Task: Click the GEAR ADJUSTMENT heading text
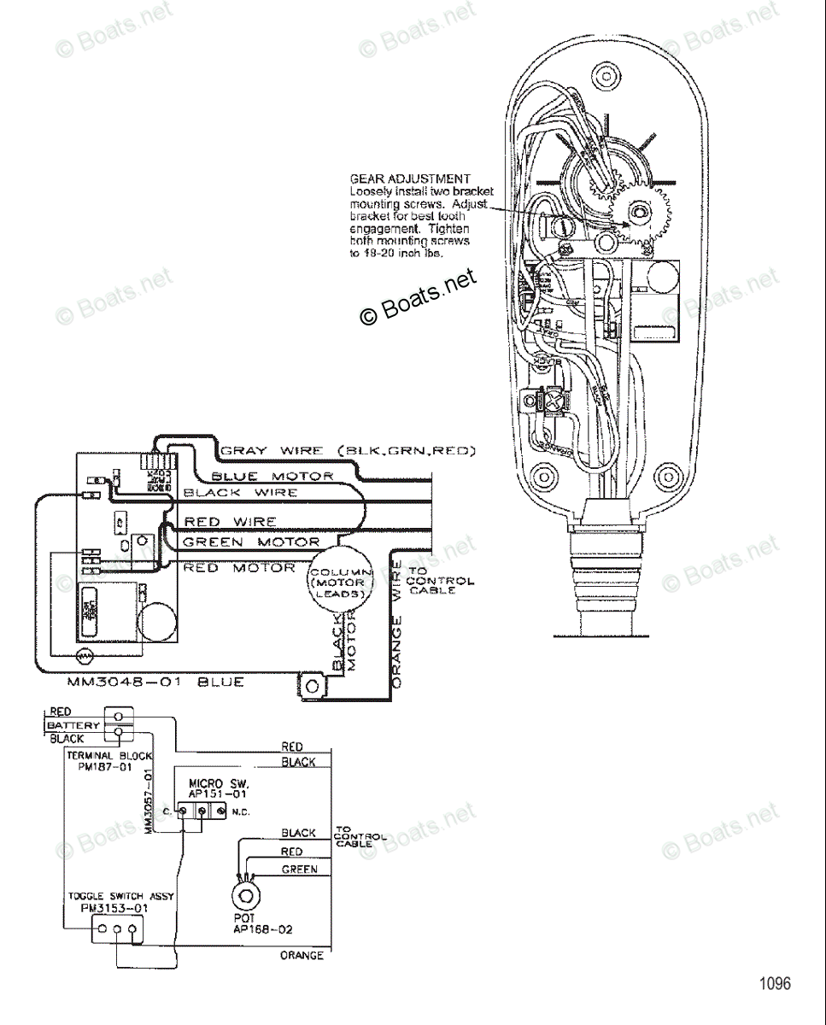[x=410, y=179]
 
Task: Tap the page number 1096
[x=776, y=983]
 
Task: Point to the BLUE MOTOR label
[x=272, y=476]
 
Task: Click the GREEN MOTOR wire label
[x=251, y=542]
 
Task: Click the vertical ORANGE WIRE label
[x=396, y=624]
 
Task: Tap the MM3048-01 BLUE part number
[x=155, y=682]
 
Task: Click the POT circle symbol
[x=248, y=896]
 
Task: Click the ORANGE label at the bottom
[x=302, y=955]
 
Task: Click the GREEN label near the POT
[x=299, y=870]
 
